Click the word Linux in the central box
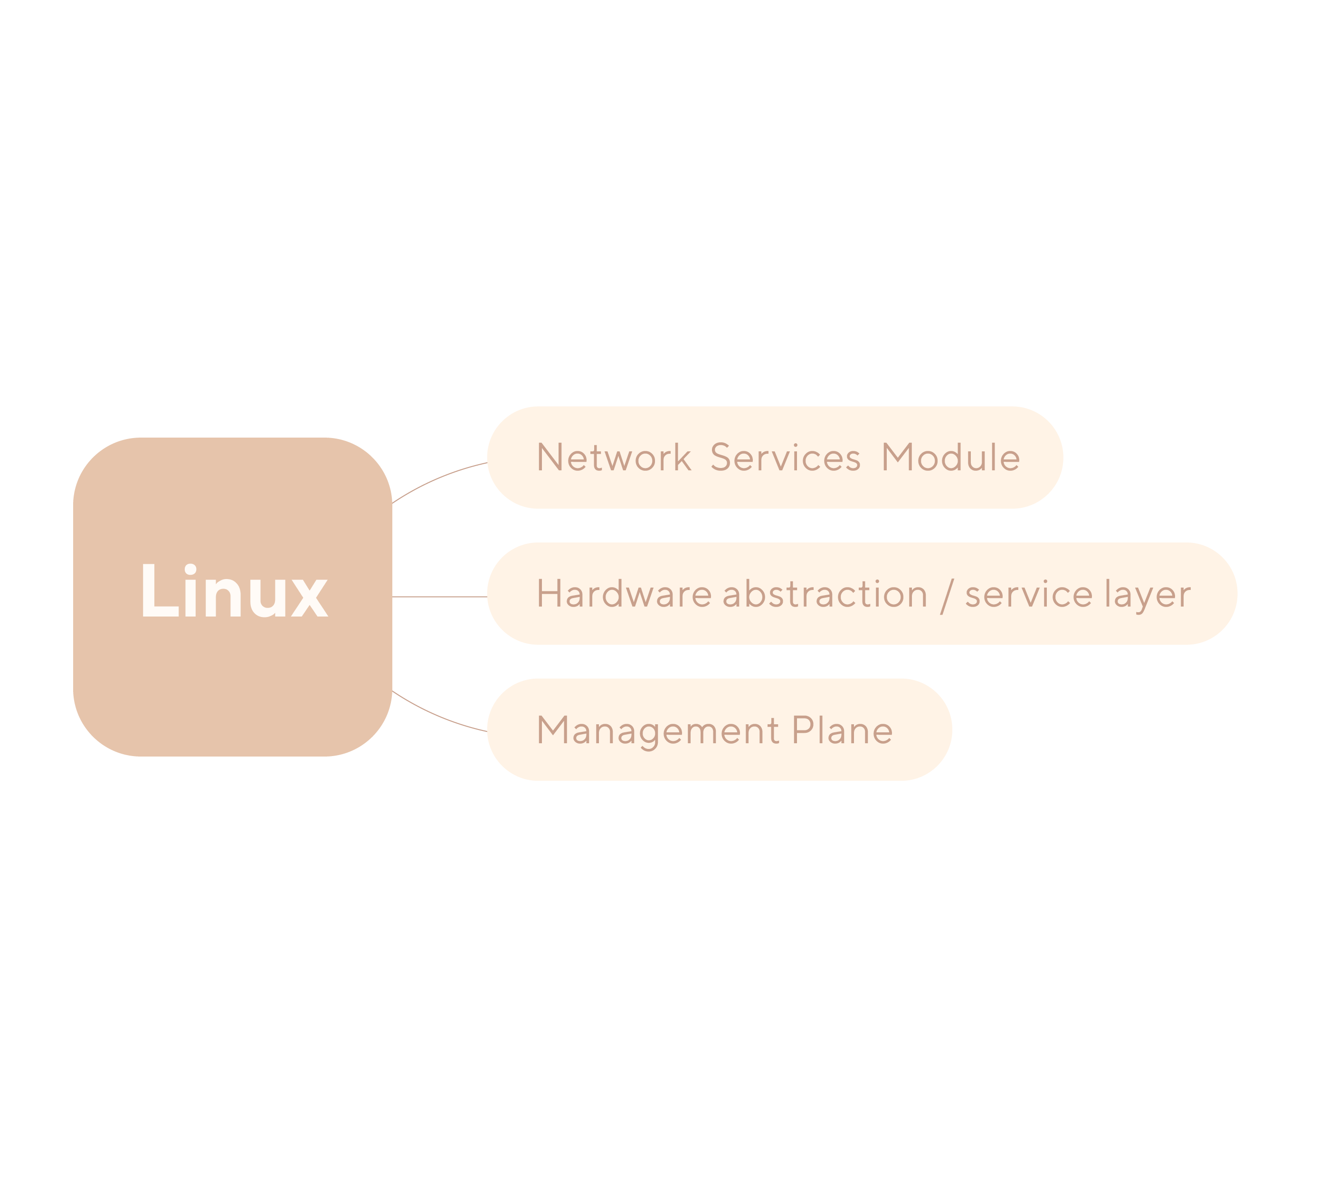click(235, 590)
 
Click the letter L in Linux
click(160, 590)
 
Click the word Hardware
click(625, 594)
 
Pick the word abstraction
click(825, 594)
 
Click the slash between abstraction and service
click(947, 596)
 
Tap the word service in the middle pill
click(1029, 595)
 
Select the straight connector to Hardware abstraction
click(440, 597)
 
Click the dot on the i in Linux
click(190, 570)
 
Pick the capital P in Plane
click(804, 730)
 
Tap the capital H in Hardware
click(549, 594)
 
